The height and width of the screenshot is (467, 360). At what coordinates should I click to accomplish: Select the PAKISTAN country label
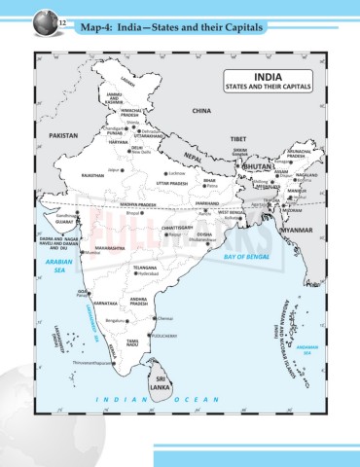click(62, 136)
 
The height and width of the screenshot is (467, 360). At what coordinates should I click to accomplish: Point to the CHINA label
click(201, 112)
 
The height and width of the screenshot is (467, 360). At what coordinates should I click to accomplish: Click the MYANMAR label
click(294, 230)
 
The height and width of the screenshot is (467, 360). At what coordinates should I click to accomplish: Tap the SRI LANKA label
click(161, 380)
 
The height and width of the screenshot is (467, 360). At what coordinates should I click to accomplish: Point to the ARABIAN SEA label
click(60, 266)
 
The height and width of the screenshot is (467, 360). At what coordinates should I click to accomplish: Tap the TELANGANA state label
click(144, 267)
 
